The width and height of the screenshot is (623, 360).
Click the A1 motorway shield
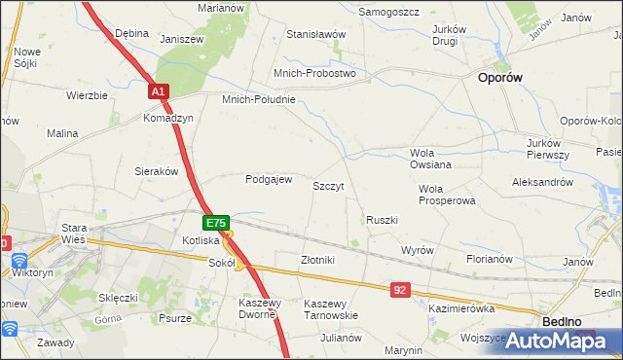160,91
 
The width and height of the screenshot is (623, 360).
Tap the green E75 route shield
217,223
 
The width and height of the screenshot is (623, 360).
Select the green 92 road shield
401,290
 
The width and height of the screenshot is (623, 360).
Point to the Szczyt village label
328,185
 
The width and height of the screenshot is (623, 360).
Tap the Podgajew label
269,179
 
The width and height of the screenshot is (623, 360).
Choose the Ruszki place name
382,220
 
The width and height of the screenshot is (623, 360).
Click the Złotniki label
317,260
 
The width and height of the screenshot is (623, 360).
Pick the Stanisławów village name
316,34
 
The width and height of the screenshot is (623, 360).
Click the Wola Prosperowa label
446,195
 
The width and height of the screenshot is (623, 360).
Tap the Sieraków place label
156,170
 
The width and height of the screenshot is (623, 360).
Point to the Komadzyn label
168,118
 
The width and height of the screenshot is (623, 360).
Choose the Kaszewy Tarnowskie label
331,309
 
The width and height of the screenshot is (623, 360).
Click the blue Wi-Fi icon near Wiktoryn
18,260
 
